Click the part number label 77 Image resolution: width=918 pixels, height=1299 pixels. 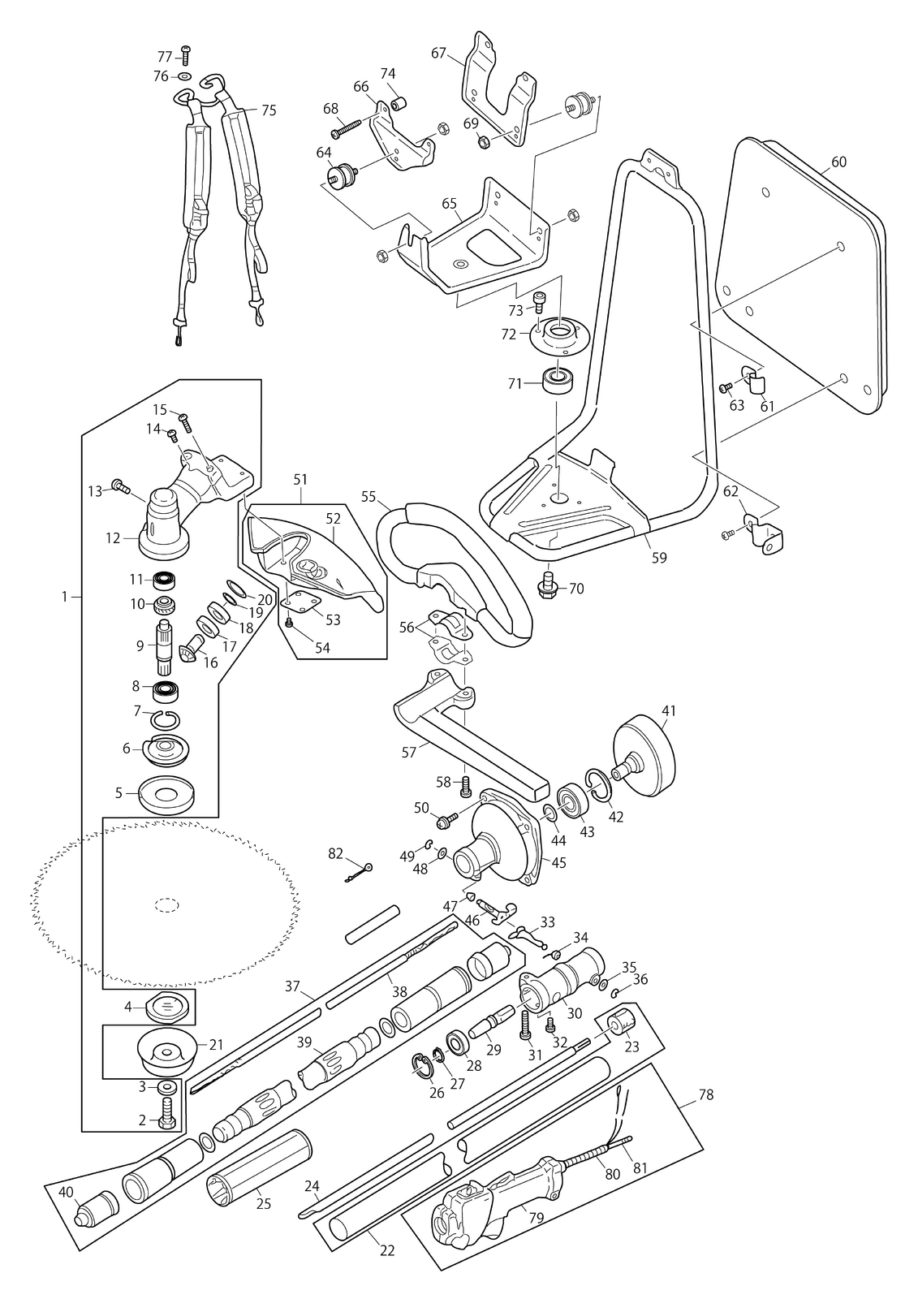click(x=165, y=57)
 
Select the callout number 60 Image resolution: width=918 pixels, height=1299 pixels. click(x=838, y=162)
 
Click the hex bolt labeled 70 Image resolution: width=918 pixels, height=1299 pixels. click(x=548, y=586)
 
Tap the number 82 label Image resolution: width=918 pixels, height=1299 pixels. click(x=336, y=853)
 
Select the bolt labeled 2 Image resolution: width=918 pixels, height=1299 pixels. click(x=167, y=1114)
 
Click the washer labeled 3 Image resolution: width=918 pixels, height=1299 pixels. click(x=168, y=1086)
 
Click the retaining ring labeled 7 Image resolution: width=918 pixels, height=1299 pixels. click(x=166, y=719)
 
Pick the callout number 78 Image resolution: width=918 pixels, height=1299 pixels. click(x=706, y=1094)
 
